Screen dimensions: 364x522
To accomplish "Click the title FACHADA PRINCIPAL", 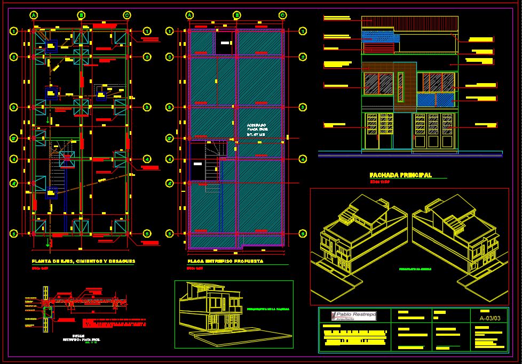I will pos(401,175).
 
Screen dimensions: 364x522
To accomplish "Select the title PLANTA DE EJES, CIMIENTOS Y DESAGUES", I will pos(83,261).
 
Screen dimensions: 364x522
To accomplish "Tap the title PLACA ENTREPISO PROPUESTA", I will pos(225,262).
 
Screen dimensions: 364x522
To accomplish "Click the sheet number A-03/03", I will pos(490,318).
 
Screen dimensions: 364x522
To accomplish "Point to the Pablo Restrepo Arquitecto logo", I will pos(354,316).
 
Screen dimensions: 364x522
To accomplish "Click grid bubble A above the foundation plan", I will pos(33,15).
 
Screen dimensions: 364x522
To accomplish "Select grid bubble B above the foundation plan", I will pos(82,15).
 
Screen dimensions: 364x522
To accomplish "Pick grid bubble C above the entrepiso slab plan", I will pos(282,15).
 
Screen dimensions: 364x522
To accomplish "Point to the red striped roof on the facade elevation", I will pos(410,23).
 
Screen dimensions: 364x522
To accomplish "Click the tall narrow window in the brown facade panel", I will pos(400,85).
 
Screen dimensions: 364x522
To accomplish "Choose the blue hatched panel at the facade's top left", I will pos(380,36).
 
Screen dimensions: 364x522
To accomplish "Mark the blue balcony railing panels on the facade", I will pos(435,100).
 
